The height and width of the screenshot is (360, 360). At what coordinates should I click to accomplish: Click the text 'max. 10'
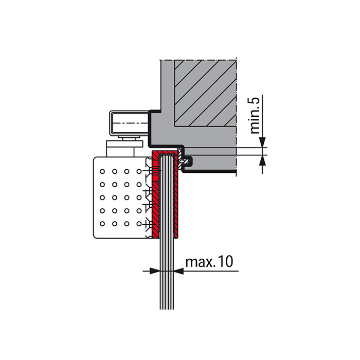pyautogui.click(x=209, y=261)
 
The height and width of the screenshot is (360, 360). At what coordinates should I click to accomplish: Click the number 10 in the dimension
pyautogui.click(x=225, y=261)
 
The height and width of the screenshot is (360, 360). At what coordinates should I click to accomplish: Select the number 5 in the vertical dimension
pyautogui.click(x=255, y=101)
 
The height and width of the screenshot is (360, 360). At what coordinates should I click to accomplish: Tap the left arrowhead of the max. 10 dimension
pyautogui.click(x=154, y=271)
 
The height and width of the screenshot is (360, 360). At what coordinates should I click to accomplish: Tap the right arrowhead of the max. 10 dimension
pyautogui.click(x=178, y=271)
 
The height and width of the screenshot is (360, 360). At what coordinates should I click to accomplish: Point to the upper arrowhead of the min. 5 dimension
pyautogui.click(x=262, y=142)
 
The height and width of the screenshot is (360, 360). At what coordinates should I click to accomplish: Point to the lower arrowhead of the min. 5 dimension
pyautogui.click(x=262, y=160)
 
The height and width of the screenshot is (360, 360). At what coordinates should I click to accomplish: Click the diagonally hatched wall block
pyautogui.click(x=205, y=93)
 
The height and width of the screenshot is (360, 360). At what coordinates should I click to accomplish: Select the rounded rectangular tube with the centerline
pyautogui.click(x=129, y=123)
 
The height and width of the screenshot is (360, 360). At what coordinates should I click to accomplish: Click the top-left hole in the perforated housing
pyautogui.click(x=102, y=171)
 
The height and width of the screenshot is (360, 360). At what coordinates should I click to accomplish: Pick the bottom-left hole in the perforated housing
pyautogui.click(x=102, y=224)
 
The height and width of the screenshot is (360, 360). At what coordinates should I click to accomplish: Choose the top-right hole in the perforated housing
pyautogui.click(x=139, y=171)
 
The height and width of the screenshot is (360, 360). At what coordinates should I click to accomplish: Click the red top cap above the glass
pyautogui.click(x=165, y=153)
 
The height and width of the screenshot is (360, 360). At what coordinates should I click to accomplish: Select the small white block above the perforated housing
pyautogui.click(x=120, y=149)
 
